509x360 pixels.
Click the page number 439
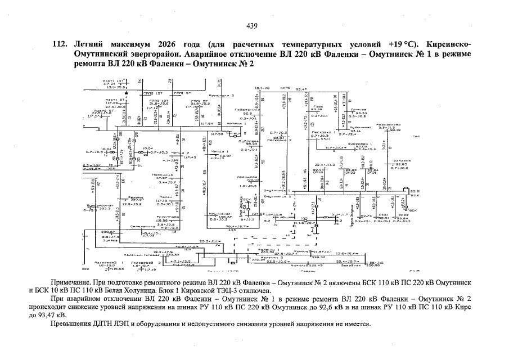[x=252, y=25]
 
